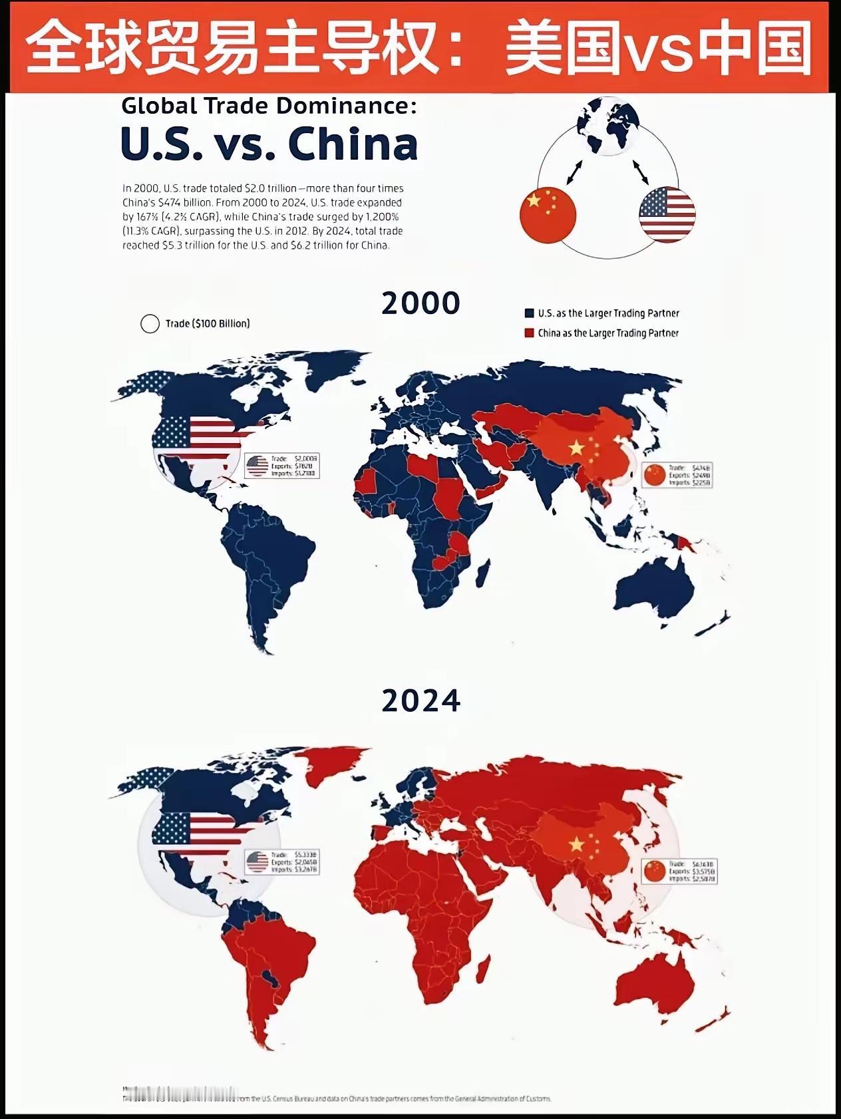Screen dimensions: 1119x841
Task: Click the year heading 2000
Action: pos(420,303)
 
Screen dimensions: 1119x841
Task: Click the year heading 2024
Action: pos(420,701)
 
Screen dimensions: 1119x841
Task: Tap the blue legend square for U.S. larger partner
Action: pos(530,313)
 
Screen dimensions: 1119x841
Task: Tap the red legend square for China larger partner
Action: pos(530,333)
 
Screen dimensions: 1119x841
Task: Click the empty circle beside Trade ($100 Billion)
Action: pos(150,323)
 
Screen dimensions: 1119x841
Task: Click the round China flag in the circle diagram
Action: pos(548,212)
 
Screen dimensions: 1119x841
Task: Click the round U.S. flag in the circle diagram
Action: pos(667,214)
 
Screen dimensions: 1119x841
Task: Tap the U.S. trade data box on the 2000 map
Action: pos(282,466)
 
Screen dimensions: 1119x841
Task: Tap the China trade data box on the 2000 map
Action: pos(677,475)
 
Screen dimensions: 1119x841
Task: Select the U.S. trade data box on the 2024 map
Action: pos(282,862)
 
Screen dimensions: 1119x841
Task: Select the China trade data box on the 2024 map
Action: pos(679,871)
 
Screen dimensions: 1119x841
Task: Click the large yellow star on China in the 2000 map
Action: pos(576,448)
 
